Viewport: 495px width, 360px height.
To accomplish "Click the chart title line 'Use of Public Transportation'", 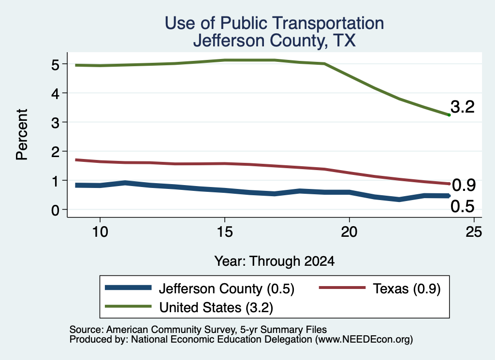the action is pos(275,23).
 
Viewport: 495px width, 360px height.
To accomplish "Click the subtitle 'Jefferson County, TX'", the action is pos(275,41).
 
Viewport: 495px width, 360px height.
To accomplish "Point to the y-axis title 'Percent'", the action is pos(22,135).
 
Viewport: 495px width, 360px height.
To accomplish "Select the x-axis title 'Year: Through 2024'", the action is pos(275,261).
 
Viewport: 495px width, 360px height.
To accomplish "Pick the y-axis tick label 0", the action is pos(55,210).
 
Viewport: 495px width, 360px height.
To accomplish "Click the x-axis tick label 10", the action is pos(100,232).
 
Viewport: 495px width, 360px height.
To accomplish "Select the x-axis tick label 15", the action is pos(225,232).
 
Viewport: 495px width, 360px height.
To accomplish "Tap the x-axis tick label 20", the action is pos(349,232).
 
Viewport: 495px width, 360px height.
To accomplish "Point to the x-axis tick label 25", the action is pos(474,232).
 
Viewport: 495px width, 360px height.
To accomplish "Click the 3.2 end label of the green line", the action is pos(463,107).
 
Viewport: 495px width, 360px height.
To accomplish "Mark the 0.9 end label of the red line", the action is pos(464,185).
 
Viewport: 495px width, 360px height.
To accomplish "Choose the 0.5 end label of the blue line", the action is pos(463,206).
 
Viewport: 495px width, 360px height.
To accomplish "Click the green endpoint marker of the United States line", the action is pos(449,115).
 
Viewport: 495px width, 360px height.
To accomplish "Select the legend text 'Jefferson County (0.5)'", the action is pos(226,288).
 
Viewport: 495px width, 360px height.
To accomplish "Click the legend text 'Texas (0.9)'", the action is pos(407,288).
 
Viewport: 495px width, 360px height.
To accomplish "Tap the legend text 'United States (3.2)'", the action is pos(216,307).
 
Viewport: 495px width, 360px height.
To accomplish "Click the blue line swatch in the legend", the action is pos(128,288).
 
